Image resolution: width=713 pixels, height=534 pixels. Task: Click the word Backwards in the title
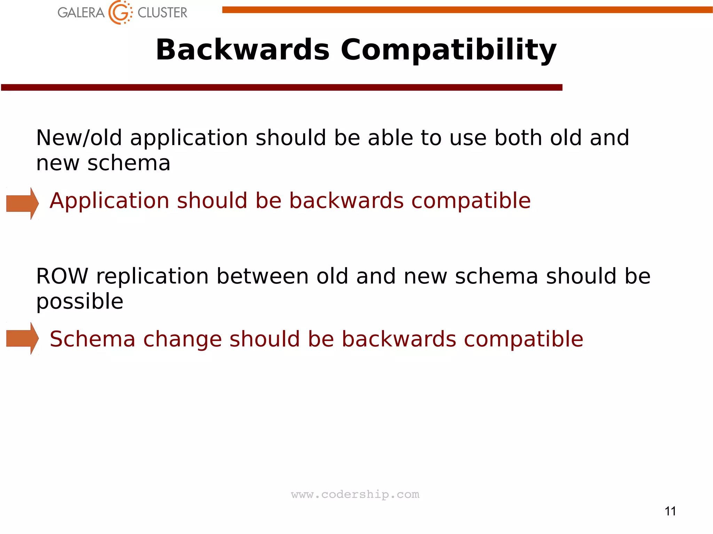pyautogui.click(x=242, y=50)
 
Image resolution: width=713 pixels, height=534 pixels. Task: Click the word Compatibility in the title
pyautogui.click(x=448, y=50)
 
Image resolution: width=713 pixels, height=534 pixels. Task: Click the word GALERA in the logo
pyautogui.click(x=81, y=13)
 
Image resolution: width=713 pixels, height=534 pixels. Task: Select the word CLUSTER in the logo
pyautogui.click(x=162, y=13)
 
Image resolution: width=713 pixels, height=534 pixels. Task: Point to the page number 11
pyautogui.click(x=670, y=511)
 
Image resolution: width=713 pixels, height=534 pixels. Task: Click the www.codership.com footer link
pyautogui.click(x=355, y=494)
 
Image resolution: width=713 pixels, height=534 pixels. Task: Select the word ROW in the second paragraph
pyautogui.click(x=62, y=277)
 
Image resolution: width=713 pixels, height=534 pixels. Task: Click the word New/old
pyautogui.click(x=79, y=138)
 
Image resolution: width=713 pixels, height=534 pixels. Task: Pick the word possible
pyautogui.click(x=80, y=302)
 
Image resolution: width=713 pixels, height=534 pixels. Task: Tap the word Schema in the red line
pyautogui.click(x=92, y=339)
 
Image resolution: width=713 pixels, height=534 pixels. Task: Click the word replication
pyautogui.click(x=152, y=277)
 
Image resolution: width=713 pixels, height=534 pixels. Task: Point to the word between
pyautogui.click(x=263, y=277)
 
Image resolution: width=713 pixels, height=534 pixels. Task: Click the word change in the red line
pyautogui.click(x=182, y=339)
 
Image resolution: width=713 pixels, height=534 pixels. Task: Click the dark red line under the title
pyautogui.click(x=281, y=87)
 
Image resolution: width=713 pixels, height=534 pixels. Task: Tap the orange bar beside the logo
pyautogui.click(x=467, y=10)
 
